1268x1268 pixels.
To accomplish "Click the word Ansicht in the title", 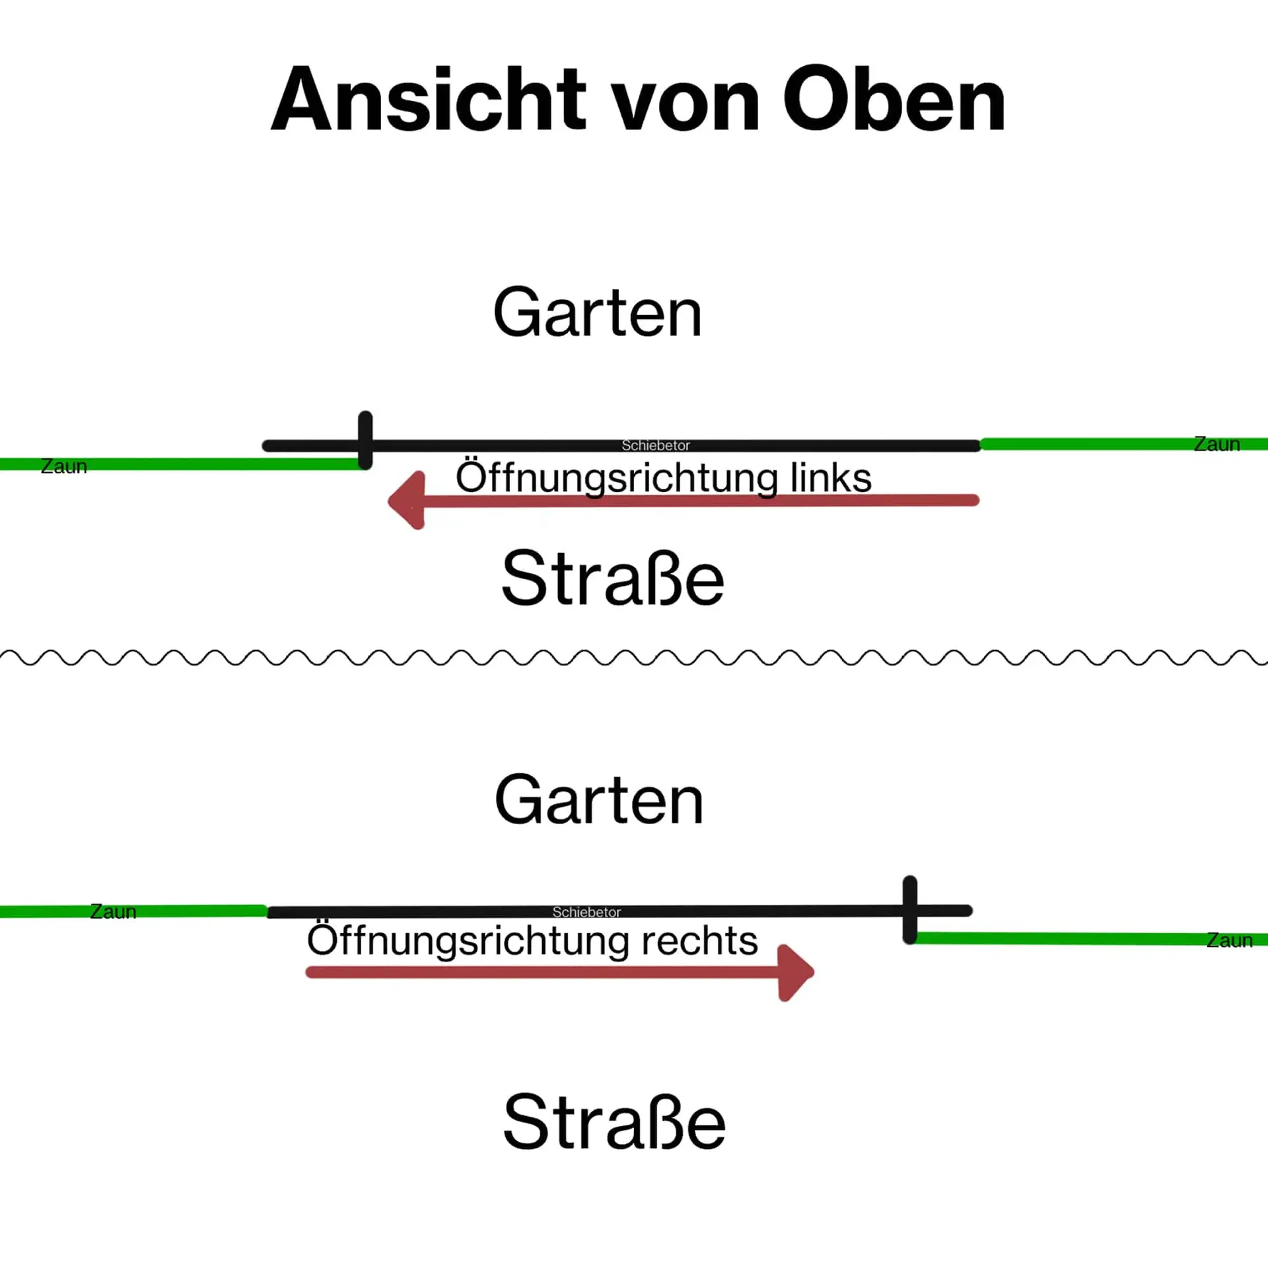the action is point(428,99).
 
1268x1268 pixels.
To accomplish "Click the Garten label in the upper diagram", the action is point(598,312).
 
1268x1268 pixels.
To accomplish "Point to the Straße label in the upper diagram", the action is point(613,578).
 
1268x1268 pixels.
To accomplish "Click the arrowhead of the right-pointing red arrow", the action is point(796,972).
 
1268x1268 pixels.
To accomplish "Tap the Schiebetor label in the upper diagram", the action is point(656,446).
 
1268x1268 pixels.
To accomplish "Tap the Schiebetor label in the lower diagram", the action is point(586,912).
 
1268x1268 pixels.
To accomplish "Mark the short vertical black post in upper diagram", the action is point(365,440).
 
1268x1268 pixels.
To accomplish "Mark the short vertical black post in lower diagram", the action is point(910,909).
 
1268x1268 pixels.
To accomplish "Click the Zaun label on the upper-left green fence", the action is point(64,466).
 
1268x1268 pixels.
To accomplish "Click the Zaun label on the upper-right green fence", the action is point(1216,444).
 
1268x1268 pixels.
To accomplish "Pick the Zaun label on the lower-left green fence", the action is point(113,911).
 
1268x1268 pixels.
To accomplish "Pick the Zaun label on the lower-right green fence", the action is point(1229,940).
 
